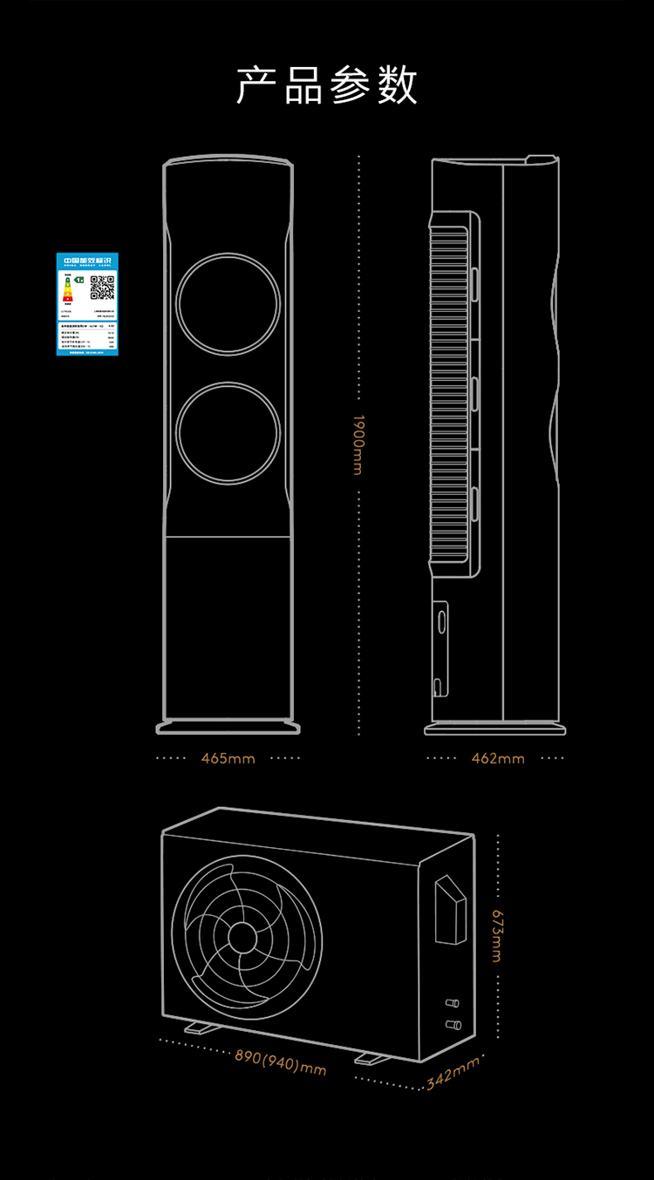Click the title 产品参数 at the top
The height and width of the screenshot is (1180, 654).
[327, 85]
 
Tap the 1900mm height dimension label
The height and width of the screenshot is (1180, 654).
[358, 444]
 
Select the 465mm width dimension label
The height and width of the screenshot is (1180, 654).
[228, 758]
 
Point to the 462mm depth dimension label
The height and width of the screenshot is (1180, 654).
[498, 758]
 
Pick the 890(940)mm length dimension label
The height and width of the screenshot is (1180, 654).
[280, 1061]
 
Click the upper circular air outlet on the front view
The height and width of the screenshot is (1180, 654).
[228, 302]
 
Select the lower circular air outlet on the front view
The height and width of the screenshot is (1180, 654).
[228, 433]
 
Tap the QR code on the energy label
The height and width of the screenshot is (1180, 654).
[103, 287]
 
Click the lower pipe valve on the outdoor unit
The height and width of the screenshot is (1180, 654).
[452, 1024]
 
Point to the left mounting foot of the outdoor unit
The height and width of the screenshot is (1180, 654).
[203, 1027]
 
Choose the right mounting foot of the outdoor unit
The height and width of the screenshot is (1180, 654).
[372, 1058]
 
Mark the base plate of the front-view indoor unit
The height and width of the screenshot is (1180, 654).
[228, 726]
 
